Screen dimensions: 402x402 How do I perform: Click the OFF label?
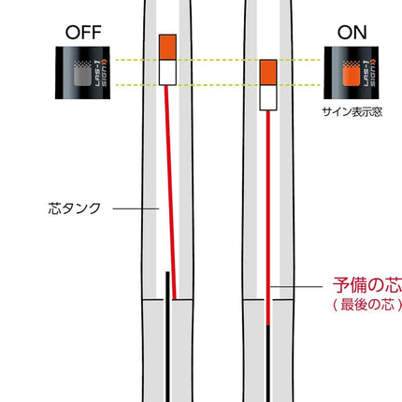pos(83,33)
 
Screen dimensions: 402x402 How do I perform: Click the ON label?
pos(352,33)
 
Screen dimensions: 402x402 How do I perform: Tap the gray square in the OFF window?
pos(82,77)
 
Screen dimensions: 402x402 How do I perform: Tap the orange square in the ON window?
pos(352,77)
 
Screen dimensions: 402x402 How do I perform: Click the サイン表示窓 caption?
pos(352,112)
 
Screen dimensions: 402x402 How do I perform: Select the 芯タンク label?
pos(75,208)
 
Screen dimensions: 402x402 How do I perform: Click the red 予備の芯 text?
pos(367,285)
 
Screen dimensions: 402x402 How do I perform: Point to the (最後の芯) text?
pos(367,304)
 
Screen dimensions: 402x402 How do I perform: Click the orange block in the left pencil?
pos(167,47)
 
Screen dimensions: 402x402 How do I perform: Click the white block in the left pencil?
pos(167,72)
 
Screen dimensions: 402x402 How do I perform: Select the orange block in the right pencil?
pos(268,72)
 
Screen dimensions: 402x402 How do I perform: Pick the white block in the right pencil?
pos(268,97)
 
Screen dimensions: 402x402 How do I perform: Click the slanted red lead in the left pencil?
pos(170,193)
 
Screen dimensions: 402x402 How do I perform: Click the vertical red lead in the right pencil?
pos(268,218)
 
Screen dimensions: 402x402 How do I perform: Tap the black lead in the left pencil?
pos(167,337)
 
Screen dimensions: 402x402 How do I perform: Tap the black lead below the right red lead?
pos(268,364)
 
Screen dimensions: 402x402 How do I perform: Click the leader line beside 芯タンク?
pos(136,208)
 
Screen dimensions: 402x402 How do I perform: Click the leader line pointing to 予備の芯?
pos(296,286)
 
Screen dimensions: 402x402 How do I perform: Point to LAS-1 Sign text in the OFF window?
pos(100,73)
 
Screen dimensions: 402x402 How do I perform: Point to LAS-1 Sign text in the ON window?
pos(369,73)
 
